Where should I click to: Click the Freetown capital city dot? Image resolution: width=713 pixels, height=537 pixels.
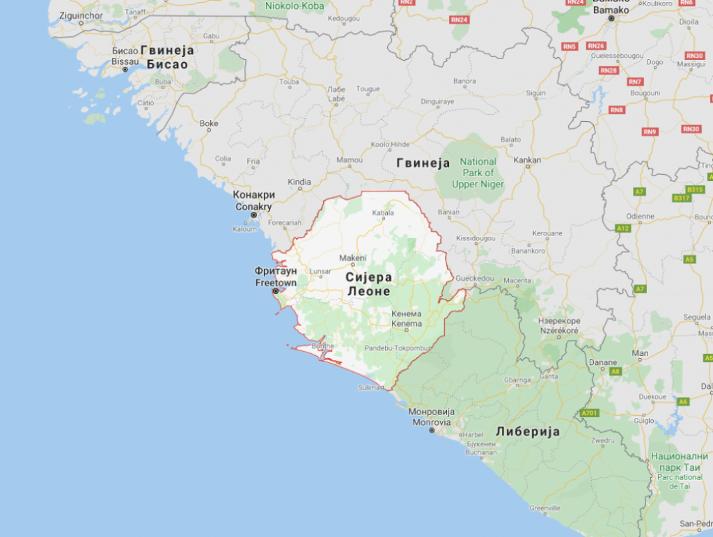(x=276, y=291)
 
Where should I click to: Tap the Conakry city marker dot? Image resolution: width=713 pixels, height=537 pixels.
(x=254, y=215)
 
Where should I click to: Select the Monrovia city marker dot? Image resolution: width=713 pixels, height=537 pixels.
(x=432, y=430)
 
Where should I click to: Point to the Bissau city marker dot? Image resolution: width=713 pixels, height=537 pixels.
(x=125, y=70)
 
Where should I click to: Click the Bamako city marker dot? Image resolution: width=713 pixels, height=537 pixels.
(x=611, y=18)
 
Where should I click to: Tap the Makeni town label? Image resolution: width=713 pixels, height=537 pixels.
(x=352, y=258)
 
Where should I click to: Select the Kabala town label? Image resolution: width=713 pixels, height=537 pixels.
(x=383, y=212)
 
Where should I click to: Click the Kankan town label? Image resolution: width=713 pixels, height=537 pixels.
(x=527, y=160)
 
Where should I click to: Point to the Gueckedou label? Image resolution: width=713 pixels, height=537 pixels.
(x=475, y=279)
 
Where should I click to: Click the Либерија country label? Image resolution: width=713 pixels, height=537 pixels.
(x=527, y=432)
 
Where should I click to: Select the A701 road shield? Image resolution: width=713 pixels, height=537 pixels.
(x=589, y=413)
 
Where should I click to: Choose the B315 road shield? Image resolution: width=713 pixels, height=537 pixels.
(x=695, y=189)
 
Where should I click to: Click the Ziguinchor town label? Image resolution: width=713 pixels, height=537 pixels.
(x=82, y=15)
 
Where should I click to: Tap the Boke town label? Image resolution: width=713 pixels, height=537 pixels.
(x=209, y=124)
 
